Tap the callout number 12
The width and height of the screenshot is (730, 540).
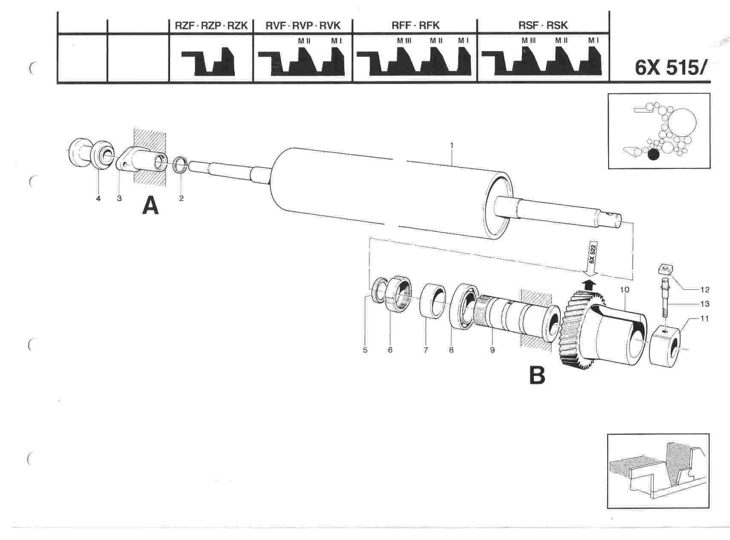tap(704, 290)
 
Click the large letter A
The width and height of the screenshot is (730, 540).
tap(150, 206)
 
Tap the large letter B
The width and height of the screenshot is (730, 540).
tap(537, 375)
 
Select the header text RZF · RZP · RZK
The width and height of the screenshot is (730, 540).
tap(211, 26)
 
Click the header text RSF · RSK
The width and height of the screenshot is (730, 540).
tap(543, 26)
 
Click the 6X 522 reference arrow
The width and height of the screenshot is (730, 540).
tap(592, 259)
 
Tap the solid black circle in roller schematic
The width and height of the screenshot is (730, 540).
tap(653, 154)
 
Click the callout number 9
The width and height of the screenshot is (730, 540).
tap(492, 350)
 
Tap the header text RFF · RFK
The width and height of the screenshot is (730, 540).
tap(415, 26)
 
